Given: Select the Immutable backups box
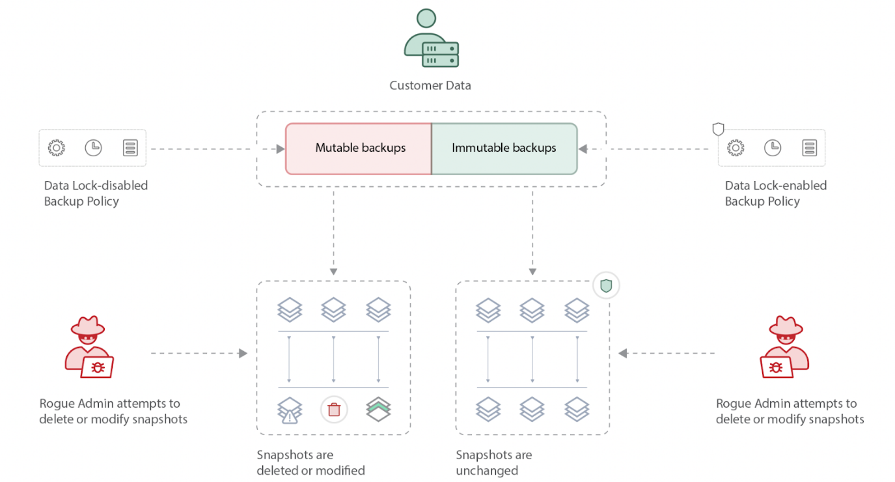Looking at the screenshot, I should (504, 149).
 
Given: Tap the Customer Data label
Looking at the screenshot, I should (430, 85).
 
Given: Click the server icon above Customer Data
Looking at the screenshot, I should (441, 55).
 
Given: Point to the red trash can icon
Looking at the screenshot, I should (334, 410).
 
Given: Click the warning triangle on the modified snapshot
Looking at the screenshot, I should (288, 418).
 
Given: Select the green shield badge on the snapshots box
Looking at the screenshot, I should (606, 285).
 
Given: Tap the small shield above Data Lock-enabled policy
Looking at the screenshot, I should (718, 129).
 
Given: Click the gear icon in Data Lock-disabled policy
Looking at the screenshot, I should (57, 148).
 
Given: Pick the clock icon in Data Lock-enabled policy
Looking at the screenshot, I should (772, 148).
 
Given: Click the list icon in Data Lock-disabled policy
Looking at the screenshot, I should (130, 148).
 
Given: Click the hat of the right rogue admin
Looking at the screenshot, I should (786, 326).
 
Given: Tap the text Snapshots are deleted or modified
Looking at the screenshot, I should (310, 462).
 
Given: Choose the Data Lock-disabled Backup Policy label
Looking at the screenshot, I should (96, 193).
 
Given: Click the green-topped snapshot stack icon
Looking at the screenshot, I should (378, 409).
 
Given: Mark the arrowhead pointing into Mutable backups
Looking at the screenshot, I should (281, 149).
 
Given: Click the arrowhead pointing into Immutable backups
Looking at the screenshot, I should (583, 149).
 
